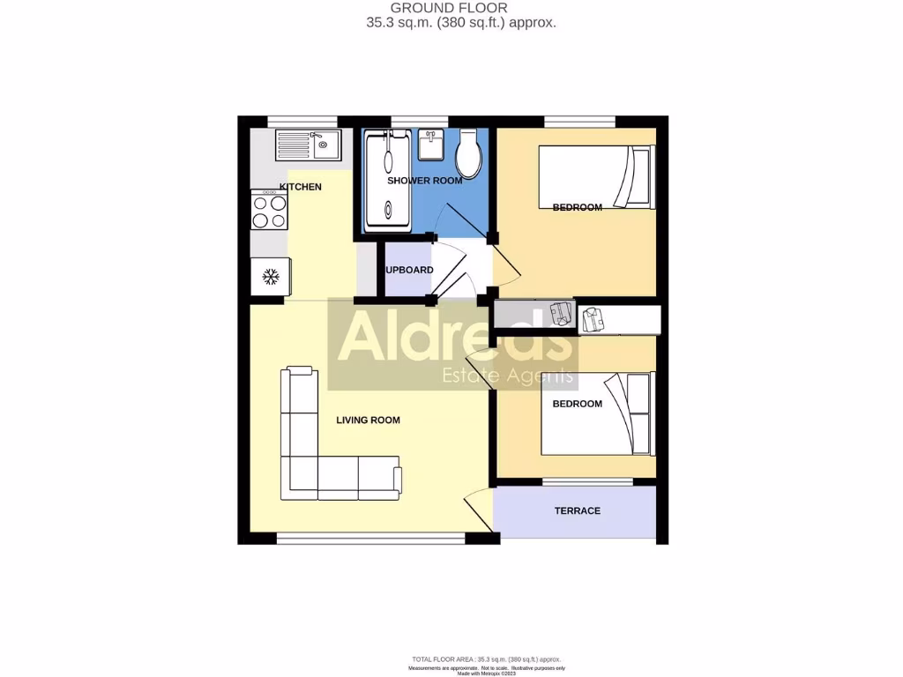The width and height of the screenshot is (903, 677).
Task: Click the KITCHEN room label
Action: point(300,187)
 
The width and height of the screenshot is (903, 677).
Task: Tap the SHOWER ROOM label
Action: point(424,181)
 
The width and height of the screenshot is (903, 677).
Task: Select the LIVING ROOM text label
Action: point(368,420)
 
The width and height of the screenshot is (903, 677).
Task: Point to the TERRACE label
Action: point(577,511)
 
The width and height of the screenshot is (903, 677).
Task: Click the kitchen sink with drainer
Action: point(307,144)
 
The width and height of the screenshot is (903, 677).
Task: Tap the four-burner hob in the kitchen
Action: point(269,211)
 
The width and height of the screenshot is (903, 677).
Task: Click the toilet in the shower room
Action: point(468,155)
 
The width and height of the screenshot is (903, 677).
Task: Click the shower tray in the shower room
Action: point(387,181)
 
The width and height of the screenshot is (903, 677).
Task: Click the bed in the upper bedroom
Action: point(597,177)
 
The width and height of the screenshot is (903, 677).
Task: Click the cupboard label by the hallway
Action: point(408,270)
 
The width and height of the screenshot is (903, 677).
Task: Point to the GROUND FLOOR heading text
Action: point(461,8)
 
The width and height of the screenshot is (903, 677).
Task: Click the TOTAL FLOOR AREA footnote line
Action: point(487,659)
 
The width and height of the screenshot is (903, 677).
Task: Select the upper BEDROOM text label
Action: point(577,208)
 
